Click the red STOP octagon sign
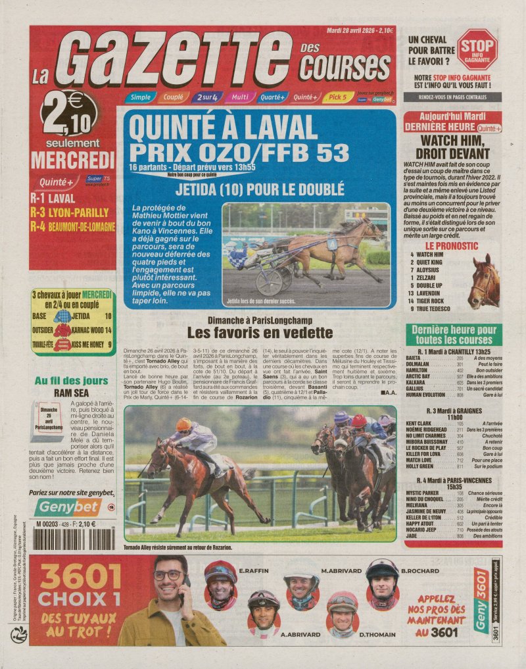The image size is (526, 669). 477,49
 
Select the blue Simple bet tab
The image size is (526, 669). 139,97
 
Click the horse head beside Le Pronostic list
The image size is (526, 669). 485,282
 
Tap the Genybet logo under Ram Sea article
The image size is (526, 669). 68,507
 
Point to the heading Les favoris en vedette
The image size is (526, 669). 260,332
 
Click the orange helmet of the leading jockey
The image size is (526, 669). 184,424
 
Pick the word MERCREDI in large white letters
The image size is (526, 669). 73,160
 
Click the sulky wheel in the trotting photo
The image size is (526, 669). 269,282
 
